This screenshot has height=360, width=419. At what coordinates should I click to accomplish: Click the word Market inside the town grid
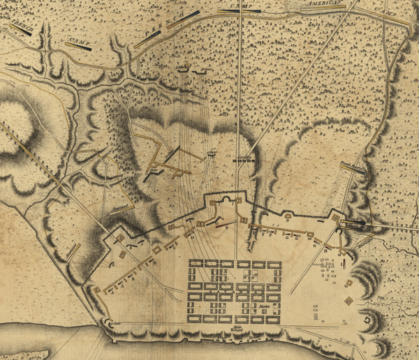coord(263,306)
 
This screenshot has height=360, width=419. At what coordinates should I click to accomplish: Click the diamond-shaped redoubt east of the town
coord(348,301)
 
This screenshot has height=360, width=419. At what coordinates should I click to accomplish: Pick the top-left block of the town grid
coord(196,264)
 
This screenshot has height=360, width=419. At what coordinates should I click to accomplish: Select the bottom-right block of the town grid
coord(272,320)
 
